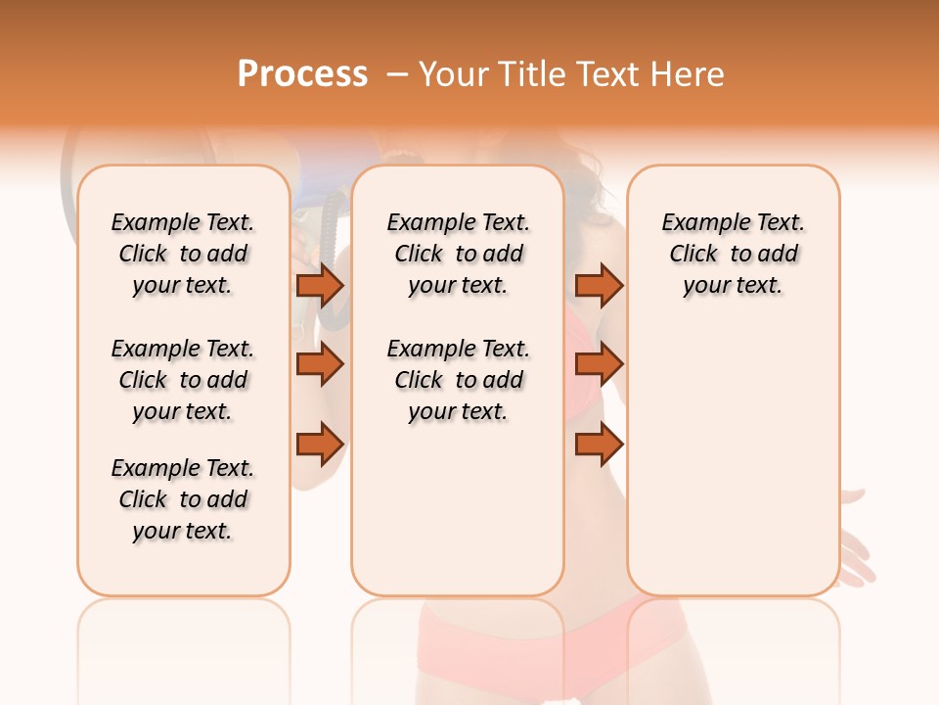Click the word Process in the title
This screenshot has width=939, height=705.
(302, 74)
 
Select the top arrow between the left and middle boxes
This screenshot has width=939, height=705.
(320, 285)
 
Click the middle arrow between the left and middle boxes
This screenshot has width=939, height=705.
(320, 364)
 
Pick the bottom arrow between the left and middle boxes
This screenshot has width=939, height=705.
(320, 445)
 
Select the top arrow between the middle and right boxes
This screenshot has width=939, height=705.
(599, 285)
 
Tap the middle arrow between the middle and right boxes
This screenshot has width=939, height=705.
(599, 364)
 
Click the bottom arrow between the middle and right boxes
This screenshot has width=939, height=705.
(599, 445)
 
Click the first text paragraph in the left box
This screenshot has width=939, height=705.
(183, 254)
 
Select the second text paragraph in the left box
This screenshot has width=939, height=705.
(183, 380)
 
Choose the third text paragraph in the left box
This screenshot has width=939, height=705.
(183, 499)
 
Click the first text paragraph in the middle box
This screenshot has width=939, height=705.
(458, 254)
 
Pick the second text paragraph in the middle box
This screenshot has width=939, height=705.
(458, 380)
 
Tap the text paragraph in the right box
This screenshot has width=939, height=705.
(733, 254)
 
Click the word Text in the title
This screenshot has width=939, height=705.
(608, 74)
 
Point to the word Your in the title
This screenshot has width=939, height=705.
(450, 74)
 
